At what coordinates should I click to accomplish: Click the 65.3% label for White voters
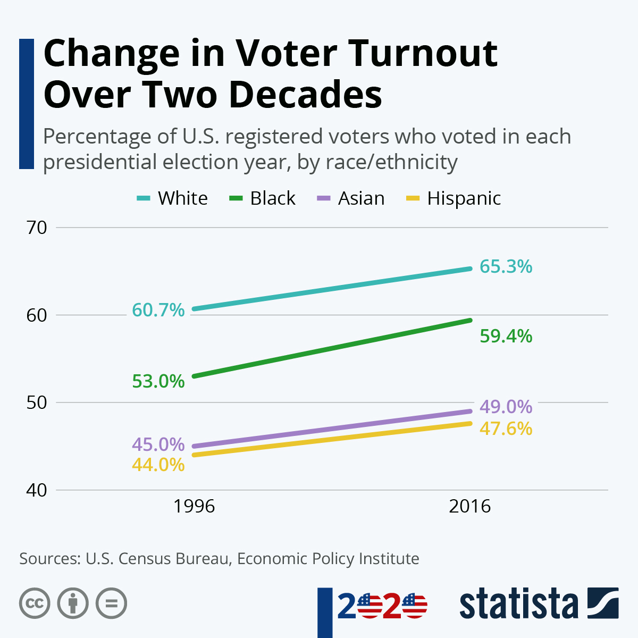coord(506,266)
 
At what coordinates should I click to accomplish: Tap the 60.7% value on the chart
coord(158,310)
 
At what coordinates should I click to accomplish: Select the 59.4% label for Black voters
coord(506,336)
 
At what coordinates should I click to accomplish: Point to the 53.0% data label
coord(158,381)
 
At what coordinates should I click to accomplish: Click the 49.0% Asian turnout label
coord(506,407)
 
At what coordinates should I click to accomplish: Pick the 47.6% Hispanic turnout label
coord(506,429)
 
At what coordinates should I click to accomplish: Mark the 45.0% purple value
coord(158,444)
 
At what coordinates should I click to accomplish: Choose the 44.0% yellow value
coord(158,465)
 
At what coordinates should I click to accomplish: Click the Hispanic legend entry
coord(464,198)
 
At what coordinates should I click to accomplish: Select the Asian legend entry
coord(361,198)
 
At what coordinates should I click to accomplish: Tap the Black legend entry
coord(272,198)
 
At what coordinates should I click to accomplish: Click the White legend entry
coord(182,198)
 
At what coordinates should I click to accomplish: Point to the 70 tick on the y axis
coord(37,228)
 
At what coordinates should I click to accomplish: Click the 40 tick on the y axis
coord(37,490)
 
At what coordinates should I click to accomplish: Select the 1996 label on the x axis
coord(194,506)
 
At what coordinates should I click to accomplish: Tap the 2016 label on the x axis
coord(469,506)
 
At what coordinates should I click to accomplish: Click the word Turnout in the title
coord(423,53)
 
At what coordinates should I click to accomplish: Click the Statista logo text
coord(518,605)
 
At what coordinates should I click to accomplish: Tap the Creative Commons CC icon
coord(35,603)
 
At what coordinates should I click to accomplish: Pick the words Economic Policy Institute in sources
coord(328,559)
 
